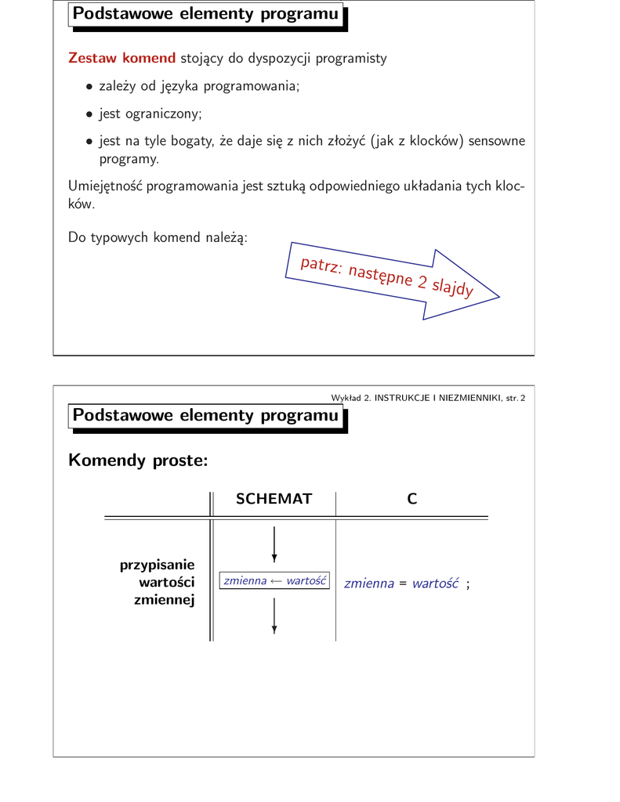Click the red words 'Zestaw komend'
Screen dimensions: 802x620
point(121,59)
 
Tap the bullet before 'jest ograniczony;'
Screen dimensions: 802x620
point(90,114)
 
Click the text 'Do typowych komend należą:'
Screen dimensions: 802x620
point(158,237)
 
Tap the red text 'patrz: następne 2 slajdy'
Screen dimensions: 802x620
point(386,276)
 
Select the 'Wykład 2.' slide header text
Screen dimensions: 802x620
point(350,398)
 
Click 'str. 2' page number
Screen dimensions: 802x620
point(515,398)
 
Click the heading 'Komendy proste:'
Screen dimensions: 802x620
point(138,460)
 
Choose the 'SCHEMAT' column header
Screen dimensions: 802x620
point(274,499)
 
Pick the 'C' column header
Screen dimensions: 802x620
point(412,499)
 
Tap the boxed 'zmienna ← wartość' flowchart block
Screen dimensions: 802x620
point(275,581)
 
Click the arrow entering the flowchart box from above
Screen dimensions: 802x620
point(274,545)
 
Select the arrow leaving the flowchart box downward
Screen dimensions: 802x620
point(274,616)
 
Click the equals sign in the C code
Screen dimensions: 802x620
point(403,583)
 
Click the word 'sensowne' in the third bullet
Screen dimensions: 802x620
point(497,142)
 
